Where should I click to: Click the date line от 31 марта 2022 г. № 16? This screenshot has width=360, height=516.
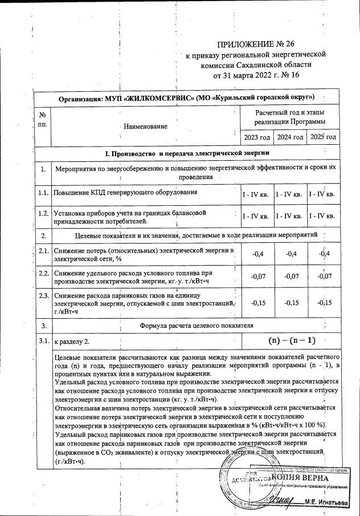tap(255, 74)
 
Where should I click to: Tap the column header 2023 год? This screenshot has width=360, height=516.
tap(256, 137)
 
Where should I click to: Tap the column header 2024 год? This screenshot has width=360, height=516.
tap(289, 137)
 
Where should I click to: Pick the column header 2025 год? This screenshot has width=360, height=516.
tap(322, 137)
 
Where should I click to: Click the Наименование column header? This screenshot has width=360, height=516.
tap(146, 126)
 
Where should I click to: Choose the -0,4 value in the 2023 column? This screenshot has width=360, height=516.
tap(256, 254)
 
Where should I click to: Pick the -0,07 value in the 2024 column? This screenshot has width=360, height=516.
tap(289, 277)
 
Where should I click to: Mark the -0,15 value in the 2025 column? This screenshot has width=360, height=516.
tap(322, 303)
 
